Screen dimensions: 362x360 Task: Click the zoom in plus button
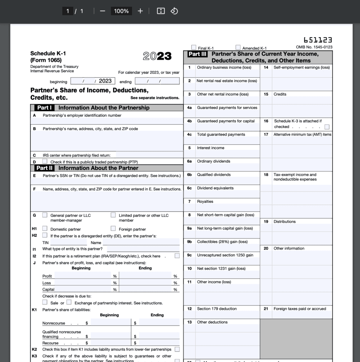pos(140,11)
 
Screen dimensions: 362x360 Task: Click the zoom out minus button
pos(103,11)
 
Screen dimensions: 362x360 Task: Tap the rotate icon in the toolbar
pos(174,11)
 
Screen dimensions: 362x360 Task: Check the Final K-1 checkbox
pos(194,47)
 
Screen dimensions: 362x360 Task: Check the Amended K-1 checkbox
pos(238,47)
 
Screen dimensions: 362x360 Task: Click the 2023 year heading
pos(157,56)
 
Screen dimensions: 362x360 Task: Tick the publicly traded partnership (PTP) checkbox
pos(45,162)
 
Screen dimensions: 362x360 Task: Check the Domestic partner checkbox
pos(45,229)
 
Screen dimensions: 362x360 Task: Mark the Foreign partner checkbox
pos(113,229)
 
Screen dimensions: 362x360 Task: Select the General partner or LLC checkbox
pos(45,215)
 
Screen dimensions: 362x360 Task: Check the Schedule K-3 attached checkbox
pos(327,127)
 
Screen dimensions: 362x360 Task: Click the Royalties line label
pos(205,202)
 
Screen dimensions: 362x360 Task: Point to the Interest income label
pos(211,148)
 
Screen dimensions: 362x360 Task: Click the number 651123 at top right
pos(318,40)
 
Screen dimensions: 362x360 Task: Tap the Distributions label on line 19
pos(285,222)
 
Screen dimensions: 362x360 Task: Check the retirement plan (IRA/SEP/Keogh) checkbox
pos(177,256)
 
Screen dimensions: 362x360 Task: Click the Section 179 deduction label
pos(217,309)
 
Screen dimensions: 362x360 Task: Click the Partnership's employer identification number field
pos(107,121)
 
